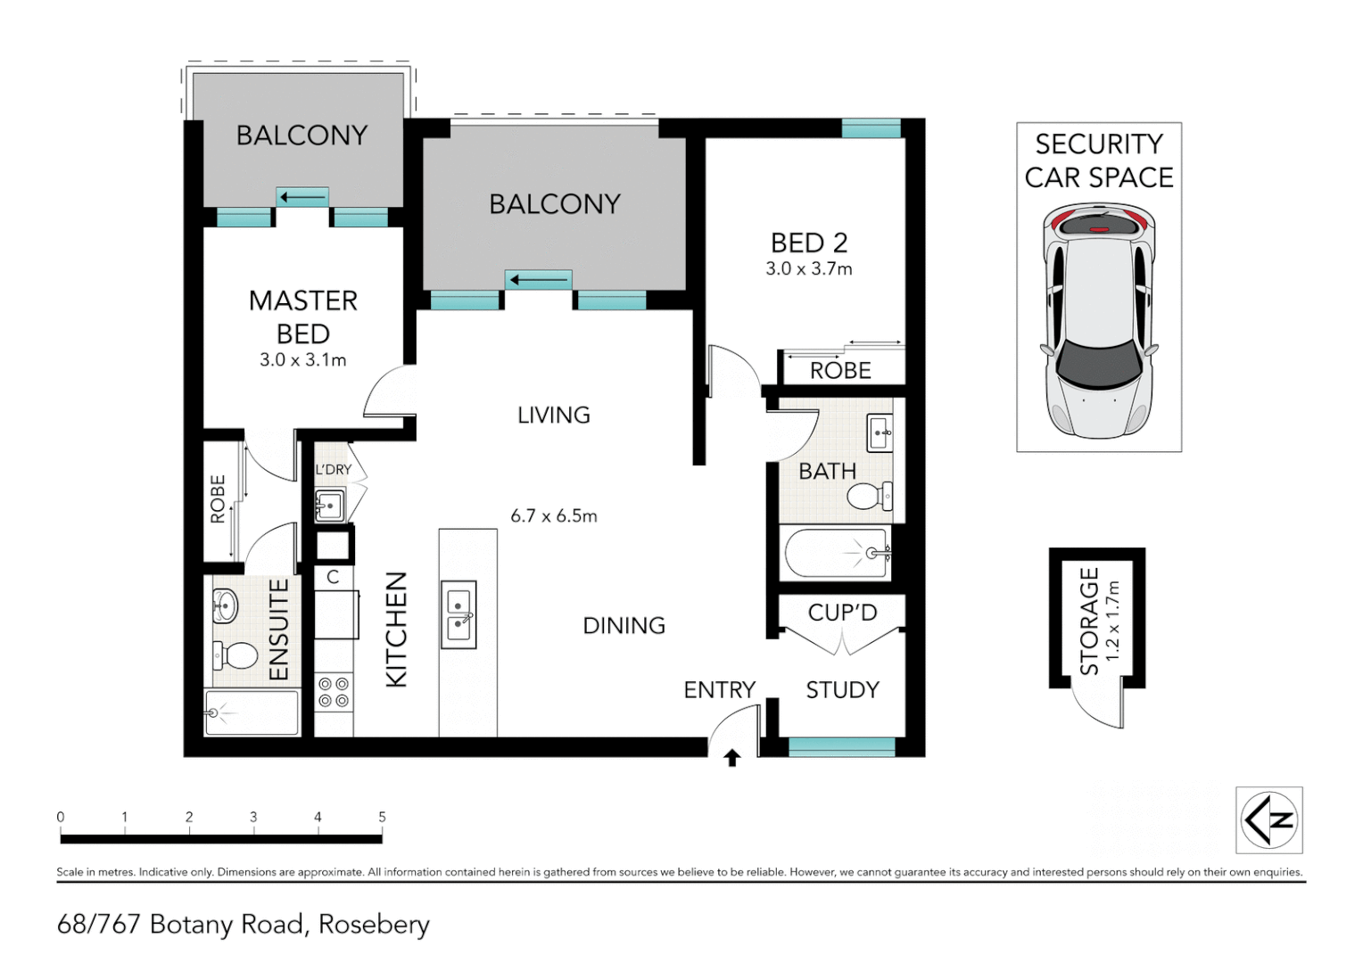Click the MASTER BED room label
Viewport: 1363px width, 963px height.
pos(303,317)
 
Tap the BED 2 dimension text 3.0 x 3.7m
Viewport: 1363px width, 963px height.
pos(809,269)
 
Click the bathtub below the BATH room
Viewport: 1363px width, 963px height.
pos(838,553)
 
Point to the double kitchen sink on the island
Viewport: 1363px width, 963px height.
pos(458,614)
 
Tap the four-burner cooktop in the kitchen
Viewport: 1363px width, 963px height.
pos(334,692)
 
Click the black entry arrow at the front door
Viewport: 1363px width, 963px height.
pos(732,758)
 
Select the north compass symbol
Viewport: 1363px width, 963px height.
pos(1268,819)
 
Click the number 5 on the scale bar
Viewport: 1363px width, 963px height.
pos(382,817)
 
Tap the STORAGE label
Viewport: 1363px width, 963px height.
pos(1088,621)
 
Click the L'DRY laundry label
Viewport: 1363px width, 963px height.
pos(333,470)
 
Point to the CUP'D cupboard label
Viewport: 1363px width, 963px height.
pos(842,613)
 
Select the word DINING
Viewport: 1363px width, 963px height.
pos(624,625)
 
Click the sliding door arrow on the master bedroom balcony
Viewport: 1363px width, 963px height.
pos(302,198)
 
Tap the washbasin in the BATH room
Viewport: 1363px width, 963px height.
pos(880,433)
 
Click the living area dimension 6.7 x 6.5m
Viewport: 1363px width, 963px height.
pos(554,516)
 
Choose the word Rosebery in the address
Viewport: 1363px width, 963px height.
pos(375,925)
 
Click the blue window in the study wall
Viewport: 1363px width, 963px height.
pos(842,747)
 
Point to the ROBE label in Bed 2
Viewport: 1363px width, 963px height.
pos(840,370)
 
